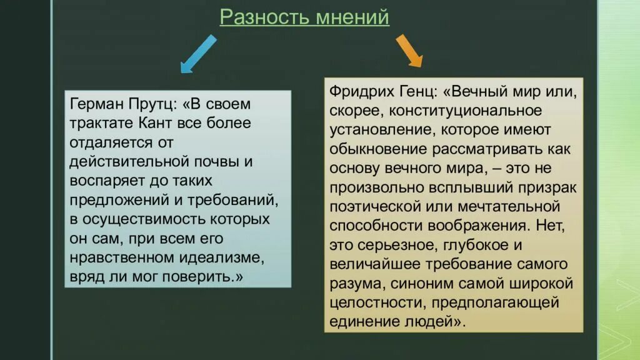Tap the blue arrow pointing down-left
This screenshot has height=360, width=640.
[197, 54]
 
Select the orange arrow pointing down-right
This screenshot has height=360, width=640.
[409, 51]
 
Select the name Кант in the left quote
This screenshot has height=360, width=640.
[162, 123]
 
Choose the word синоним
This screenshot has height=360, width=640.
[418, 284]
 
